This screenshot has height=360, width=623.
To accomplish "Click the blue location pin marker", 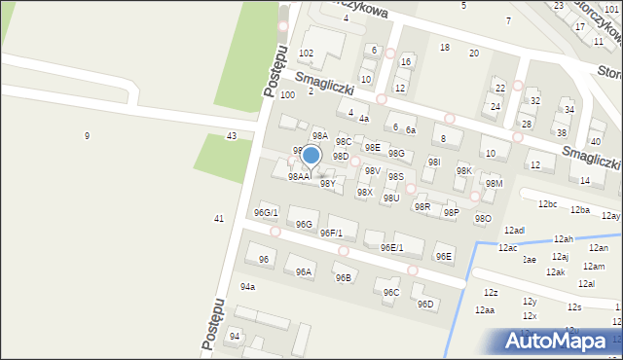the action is click(311, 156).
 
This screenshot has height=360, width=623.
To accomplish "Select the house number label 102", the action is click(306, 53).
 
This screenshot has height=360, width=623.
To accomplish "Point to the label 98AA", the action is click(298, 177).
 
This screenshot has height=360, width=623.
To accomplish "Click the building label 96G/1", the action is click(266, 212).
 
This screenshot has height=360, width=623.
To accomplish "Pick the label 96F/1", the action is click(331, 233).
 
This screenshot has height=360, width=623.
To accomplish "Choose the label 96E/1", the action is click(391, 248).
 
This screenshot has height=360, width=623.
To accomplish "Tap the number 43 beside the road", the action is click(231, 135).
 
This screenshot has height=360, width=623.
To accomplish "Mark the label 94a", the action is click(247, 287).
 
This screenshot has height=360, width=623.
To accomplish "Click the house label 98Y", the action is click(328, 183).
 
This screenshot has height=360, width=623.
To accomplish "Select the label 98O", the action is click(483, 219).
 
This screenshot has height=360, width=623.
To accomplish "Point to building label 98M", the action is click(494, 183).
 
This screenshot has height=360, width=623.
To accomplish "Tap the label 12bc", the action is click(547, 204).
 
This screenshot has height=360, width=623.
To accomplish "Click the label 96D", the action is click(425, 304).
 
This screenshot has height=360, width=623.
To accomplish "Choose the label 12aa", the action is click(484, 309).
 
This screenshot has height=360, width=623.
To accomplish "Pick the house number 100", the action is click(287, 94).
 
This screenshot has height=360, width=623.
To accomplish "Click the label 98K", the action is click(463, 170).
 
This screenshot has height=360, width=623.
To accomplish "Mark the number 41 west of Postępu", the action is click(219, 218).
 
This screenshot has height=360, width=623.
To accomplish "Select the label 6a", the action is click(411, 130).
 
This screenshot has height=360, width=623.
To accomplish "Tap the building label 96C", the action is click(390, 292).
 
